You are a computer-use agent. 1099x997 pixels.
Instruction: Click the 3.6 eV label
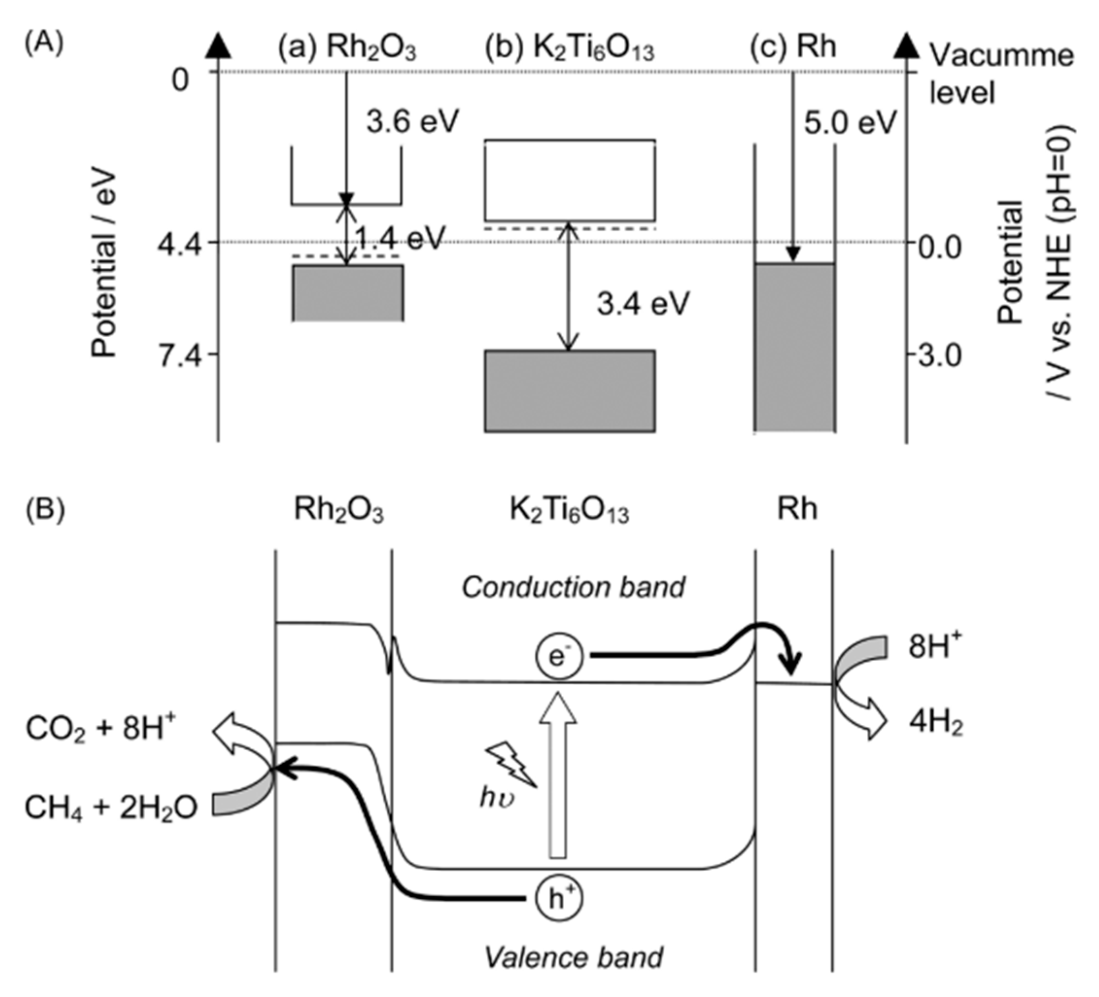[412, 121]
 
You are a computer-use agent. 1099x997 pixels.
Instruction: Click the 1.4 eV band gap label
[400, 238]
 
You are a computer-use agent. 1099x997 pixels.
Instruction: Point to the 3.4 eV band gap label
[643, 303]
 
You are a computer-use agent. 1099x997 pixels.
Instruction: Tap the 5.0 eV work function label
[850, 122]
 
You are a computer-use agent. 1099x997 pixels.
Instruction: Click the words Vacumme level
[1001, 73]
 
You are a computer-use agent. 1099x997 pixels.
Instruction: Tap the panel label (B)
[45, 509]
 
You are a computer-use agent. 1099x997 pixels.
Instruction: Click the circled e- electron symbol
[558, 657]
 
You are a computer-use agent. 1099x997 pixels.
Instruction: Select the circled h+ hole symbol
[558, 899]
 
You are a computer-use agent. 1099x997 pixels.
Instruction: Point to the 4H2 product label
[935, 724]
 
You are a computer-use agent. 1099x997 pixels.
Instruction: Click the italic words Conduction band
[573, 587]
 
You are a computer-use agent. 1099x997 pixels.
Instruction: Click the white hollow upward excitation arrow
[558, 774]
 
